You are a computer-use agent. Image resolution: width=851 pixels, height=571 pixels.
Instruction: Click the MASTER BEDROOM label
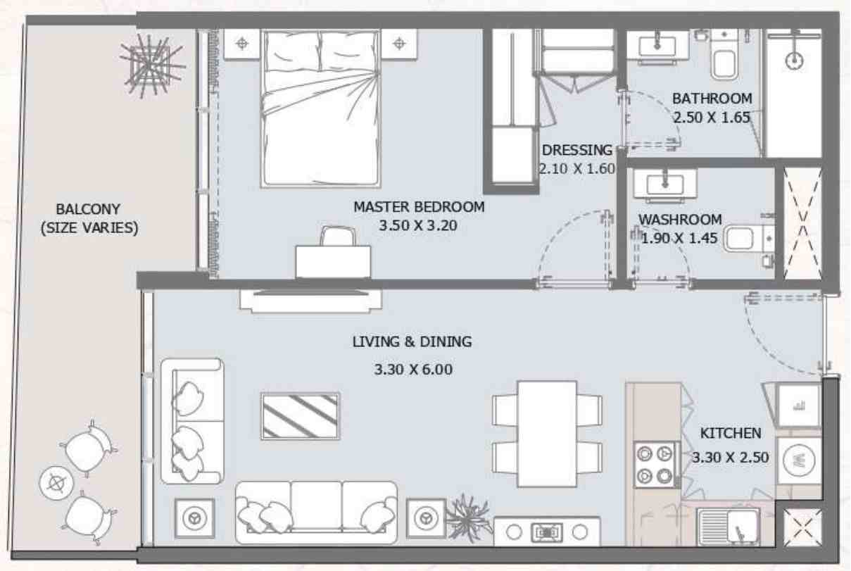[419, 207]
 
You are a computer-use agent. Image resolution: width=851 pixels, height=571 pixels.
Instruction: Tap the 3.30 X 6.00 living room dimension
[412, 369]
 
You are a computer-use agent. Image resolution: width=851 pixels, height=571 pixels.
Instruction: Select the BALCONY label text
[88, 209]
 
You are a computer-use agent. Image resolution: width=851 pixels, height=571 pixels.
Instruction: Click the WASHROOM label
[680, 220]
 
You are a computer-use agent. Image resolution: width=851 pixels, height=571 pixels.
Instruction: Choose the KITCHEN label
[730, 433]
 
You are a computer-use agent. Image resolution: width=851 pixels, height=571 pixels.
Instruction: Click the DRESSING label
[576, 150]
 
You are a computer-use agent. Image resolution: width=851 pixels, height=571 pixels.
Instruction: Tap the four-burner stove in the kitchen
[655, 465]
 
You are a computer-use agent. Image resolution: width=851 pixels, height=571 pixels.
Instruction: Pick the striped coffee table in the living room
[300, 415]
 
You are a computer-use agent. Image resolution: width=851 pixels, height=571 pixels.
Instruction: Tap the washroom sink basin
[665, 184]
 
